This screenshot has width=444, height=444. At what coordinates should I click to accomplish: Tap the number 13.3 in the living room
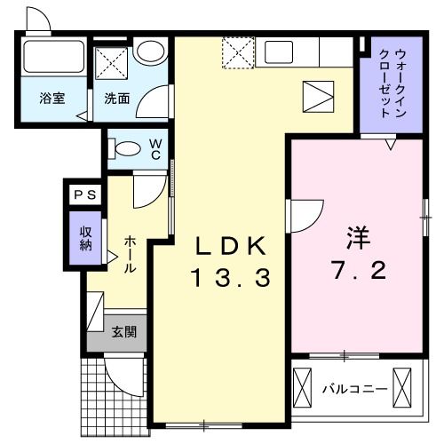(x=228, y=278)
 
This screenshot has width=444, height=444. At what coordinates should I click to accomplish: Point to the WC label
(x=155, y=148)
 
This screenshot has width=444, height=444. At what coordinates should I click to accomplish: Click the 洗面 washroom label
(x=118, y=99)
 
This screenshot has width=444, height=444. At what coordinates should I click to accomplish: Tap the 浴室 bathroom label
(x=51, y=99)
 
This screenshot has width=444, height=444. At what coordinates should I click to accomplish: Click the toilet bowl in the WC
(x=127, y=148)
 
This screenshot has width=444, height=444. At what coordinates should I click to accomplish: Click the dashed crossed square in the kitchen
(x=237, y=52)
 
